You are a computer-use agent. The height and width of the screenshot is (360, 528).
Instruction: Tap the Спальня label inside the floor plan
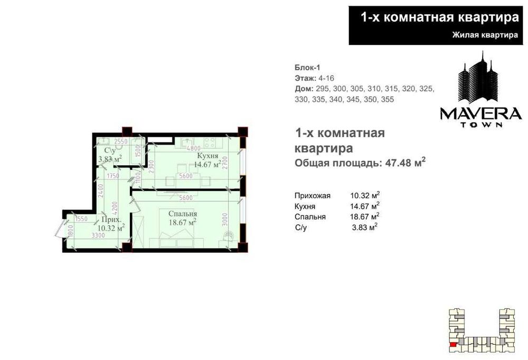pyautogui.click(x=183, y=214)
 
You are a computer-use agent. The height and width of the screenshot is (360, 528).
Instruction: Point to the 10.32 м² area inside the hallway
pyautogui.click(x=111, y=228)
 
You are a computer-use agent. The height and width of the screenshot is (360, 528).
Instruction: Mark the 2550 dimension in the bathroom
pyautogui.click(x=121, y=141)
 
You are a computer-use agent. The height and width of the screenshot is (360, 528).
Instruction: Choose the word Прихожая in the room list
pyautogui.click(x=313, y=195)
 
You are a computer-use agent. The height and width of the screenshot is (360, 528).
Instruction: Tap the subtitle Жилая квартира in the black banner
pyautogui.click(x=484, y=35)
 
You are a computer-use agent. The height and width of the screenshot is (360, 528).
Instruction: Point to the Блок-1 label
pyautogui.click(x=307, y=67)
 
